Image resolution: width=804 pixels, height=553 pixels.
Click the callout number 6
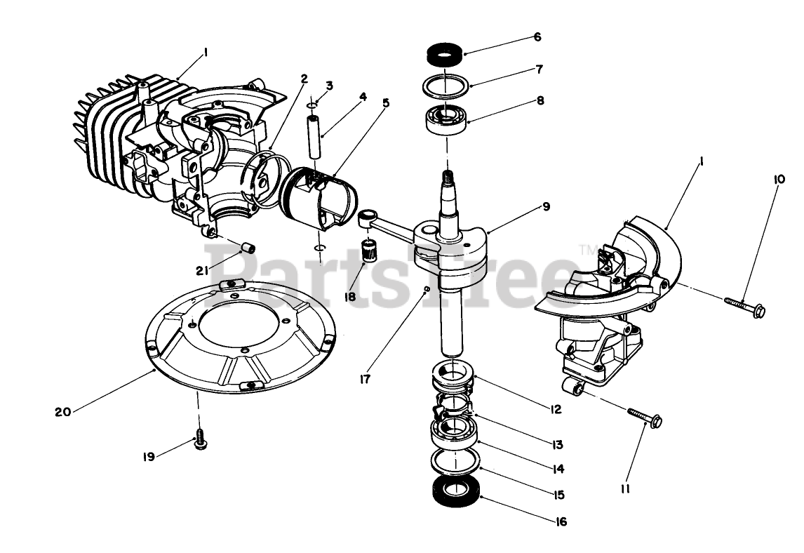pyautogui.click(x=537, y=37)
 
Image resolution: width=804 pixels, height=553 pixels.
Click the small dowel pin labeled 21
pyautogui.click(x=247, y=248)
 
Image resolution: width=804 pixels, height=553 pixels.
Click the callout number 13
pyautogui.click(x=558, y=444)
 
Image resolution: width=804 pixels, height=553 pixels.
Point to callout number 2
pyautogui.click(x=304, y=79)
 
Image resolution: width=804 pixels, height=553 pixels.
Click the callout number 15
pyautogui.click(x=558, y=495)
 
